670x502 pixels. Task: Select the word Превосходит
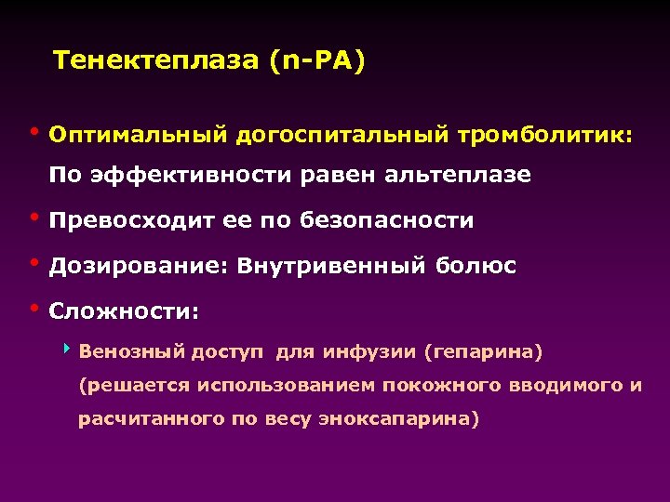point(129,221)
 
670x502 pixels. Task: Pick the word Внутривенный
point(331,267)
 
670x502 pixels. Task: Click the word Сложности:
point(124,312)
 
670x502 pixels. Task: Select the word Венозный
point(131,352)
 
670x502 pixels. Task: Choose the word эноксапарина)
point(401,418)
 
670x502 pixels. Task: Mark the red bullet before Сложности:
point(35,308)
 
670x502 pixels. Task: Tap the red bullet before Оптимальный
point(35,131)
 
